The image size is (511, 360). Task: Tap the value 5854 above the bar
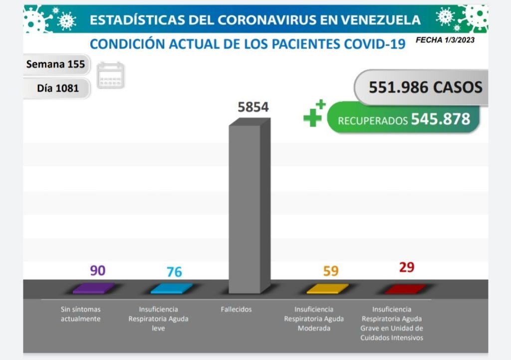point(253,107)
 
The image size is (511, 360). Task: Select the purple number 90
point(98,270)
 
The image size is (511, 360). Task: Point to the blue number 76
point(174,272)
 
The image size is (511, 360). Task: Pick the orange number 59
point(330,271)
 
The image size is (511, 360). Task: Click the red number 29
point(406,267)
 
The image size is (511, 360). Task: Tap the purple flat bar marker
point(94,288)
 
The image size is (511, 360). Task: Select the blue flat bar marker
point(171,288)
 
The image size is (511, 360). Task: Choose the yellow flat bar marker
point(327,288)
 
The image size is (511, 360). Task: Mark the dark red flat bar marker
point(405,288)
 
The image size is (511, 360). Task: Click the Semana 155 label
point(55,64)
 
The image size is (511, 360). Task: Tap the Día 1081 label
point(58,88)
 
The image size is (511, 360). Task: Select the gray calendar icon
point(110,75)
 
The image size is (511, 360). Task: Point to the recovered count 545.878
point(440,119)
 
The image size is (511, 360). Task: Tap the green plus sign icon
point(314,113)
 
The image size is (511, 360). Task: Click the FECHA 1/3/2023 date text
point(445,40)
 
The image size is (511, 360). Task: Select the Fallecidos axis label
point(236,309)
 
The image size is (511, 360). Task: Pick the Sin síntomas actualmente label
point(80,314)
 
